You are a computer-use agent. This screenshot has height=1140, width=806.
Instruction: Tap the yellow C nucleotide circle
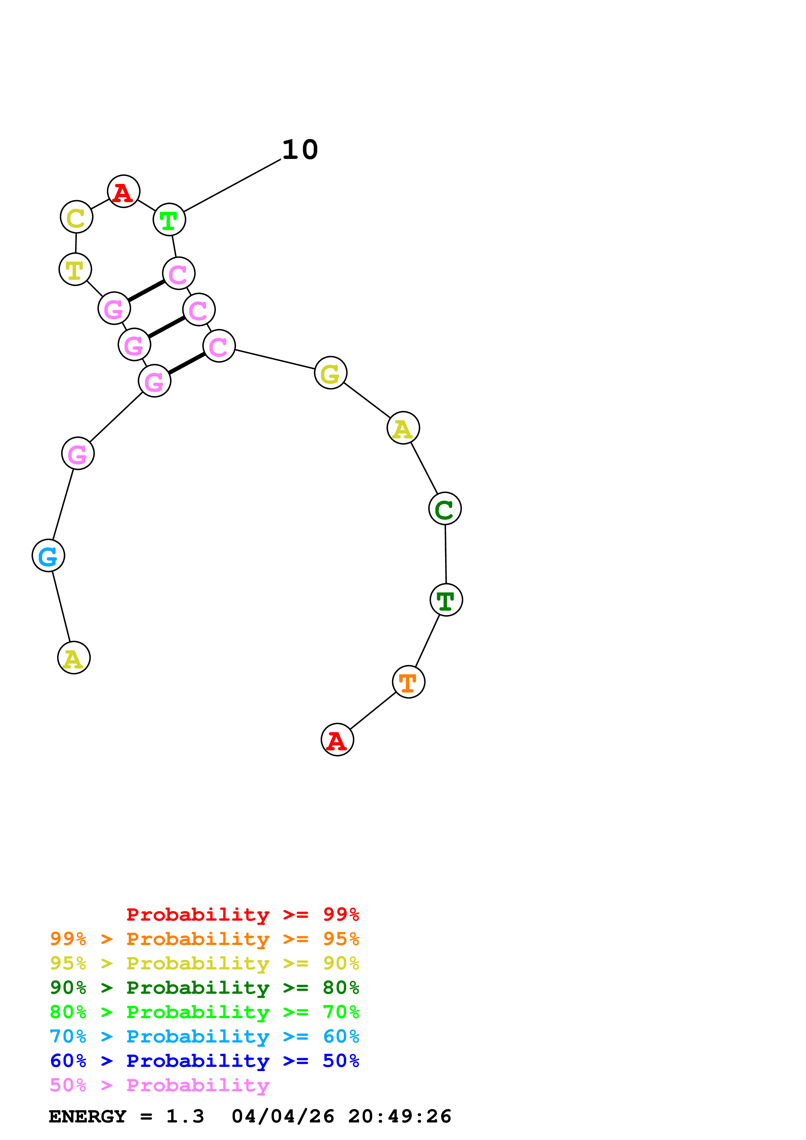click(76, 217)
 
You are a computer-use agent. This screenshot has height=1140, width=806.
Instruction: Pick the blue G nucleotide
click(48, 556)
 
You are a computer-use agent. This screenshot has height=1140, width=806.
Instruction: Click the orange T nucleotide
click(408, 682)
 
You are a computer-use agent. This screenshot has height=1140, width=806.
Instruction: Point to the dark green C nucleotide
click(445, 509)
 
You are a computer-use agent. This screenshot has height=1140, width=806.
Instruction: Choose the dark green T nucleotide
click(446, 600)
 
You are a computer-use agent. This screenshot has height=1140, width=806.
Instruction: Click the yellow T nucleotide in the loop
click(75, 270)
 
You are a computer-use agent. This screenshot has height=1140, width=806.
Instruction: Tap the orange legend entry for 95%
click(204, 939)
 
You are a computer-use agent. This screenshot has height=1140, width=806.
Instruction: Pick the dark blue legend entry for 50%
click(204, 1061)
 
